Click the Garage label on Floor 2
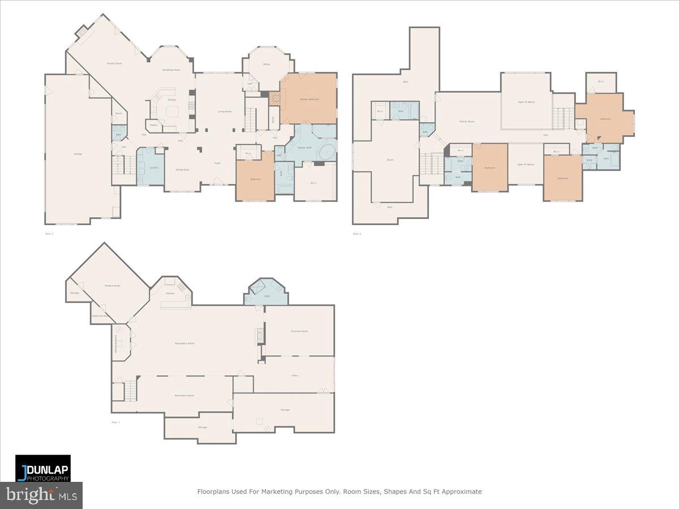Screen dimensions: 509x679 78,154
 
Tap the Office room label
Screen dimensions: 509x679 266,64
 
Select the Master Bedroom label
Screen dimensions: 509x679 309,99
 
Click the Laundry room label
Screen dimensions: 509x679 153,167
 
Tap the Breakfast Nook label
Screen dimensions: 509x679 171,70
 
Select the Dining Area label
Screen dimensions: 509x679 182,170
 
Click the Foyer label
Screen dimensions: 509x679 217,163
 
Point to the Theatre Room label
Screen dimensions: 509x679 112,286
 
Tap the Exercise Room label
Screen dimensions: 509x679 299,331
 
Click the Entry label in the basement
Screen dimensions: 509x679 294,375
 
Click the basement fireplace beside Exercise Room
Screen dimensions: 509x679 261,335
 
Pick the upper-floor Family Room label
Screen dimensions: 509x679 467,122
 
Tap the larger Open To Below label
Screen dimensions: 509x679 526,102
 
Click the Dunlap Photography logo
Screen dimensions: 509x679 43,468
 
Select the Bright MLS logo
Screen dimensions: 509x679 41,495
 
